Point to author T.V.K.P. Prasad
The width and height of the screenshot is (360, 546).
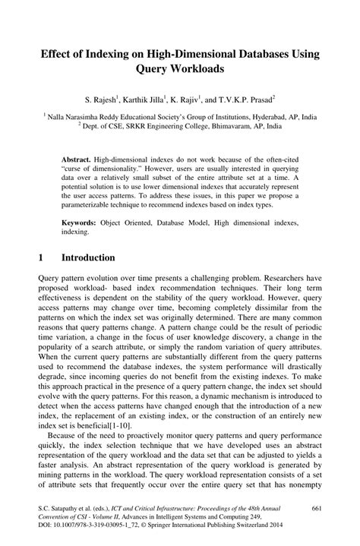point(247,99)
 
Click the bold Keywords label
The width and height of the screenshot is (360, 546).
point(80,223)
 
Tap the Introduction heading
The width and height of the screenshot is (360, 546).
point(88,258)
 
